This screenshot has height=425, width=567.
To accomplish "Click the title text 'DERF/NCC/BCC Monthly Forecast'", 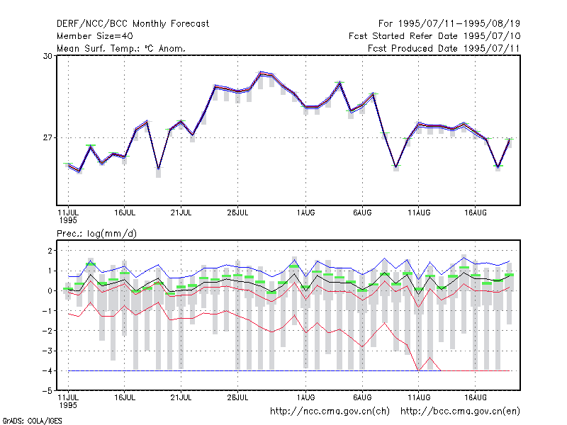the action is (133, 24).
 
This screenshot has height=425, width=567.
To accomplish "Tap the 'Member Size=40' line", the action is (95, 36).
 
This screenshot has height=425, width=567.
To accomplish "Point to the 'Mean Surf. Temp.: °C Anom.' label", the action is (120, 48).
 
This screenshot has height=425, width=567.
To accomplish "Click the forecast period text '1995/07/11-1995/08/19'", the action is (459, 24).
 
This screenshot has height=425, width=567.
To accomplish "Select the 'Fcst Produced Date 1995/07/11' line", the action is (444, 48).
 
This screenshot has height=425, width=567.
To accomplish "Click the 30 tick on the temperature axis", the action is (47, 56).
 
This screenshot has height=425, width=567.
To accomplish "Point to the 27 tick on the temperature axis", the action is (47, 137).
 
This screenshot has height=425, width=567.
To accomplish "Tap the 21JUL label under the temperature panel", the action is (181, 212).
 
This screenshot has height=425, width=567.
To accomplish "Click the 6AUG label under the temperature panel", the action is (362, 212).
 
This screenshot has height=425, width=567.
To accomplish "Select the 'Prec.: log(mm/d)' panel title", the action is (96, 234).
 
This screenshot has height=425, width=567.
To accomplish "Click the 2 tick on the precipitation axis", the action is (50, 251).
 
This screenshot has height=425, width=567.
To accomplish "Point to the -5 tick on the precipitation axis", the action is (47, 391).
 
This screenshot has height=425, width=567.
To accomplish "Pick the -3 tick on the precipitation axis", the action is (47, 351).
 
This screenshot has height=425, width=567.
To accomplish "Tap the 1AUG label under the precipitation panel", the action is (305, 397).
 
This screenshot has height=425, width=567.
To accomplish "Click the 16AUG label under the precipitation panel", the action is (475, 397).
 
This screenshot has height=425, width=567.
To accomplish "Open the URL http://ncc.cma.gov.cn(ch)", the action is (330, 412).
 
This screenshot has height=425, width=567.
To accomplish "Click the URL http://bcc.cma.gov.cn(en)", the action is (460, 412).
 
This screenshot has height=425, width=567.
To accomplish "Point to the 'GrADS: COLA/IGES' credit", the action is (32, 421).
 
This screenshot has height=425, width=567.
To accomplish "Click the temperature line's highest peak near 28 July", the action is (261, 74).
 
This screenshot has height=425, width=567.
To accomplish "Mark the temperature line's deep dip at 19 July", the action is (158, 169).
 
